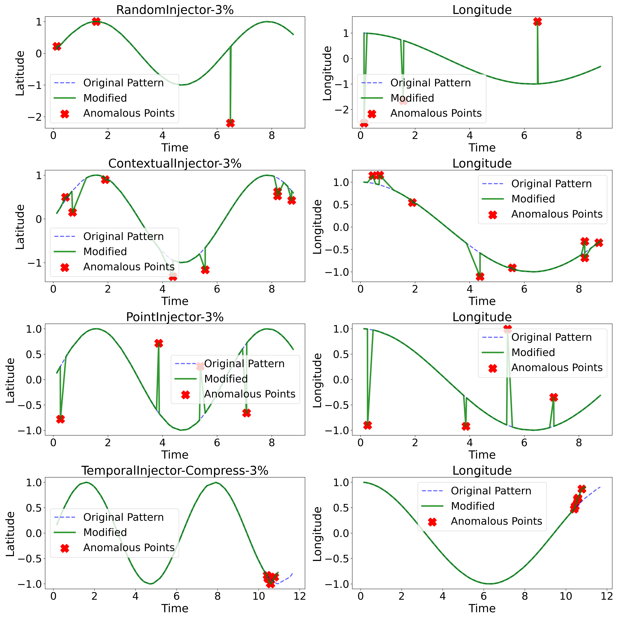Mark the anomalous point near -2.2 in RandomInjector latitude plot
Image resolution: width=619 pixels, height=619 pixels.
point(230,123)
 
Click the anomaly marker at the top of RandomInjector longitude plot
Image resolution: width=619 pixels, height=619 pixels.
point(537,21)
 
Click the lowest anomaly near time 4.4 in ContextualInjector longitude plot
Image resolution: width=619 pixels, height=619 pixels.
point(480,276)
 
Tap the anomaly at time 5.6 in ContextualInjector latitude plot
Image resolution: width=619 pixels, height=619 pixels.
point(205,269)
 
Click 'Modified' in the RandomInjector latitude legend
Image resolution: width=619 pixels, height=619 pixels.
point(105,98)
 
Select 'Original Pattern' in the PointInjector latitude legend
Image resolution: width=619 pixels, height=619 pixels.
point(244,364)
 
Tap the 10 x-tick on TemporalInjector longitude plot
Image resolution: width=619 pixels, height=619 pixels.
point(566,596)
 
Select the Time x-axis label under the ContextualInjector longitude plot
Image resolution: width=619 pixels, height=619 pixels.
point(482,301)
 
